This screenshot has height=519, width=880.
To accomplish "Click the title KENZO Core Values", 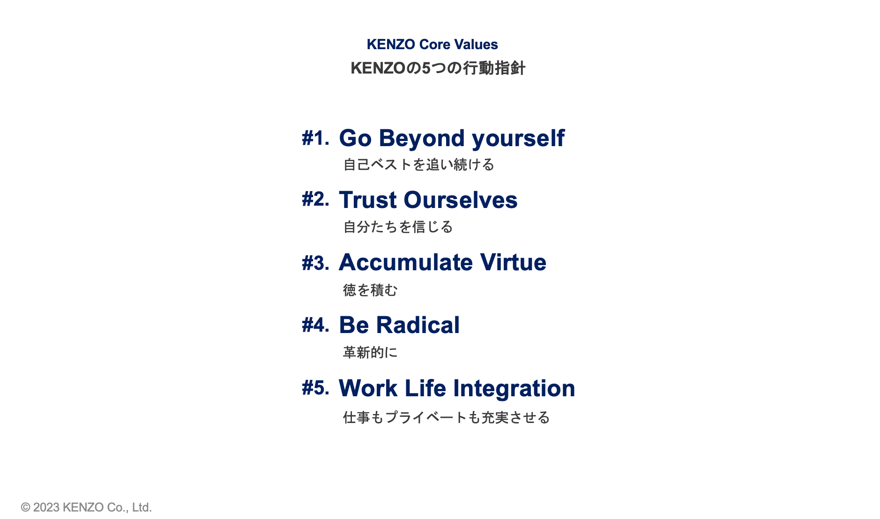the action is tap(432, 44).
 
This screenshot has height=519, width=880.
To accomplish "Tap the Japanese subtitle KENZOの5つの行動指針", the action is tap(438, 68).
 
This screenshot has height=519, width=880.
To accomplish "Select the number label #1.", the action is tap(315, 139).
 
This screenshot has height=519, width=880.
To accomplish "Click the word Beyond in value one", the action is tap(422, 139).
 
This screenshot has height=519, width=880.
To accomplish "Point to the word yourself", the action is tap(518, 139).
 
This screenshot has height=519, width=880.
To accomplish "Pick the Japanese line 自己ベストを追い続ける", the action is tap(419, 165).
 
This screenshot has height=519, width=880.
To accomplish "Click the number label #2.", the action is tap(315, 200).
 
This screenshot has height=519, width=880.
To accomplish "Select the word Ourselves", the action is tap(461, 200).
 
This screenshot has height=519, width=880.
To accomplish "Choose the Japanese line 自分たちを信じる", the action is tap(398, 227).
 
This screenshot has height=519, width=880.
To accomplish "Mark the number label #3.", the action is tap(315, 263).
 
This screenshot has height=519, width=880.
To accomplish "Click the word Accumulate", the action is tap(406, 262).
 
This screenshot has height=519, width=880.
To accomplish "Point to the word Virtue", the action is tap(513, 262).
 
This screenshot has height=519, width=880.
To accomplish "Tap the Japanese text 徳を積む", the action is tap(370, 290).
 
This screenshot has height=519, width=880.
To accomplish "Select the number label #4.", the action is tap(315, 325).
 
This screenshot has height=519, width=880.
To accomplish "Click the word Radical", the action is tap(418, 325).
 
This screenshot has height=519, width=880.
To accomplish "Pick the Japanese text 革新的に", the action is tap(370, 352).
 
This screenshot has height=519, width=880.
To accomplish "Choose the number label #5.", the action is tap(315, 388).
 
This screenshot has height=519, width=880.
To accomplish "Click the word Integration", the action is tap(514, 389).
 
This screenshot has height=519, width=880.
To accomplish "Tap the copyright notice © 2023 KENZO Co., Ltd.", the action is tap(86, 507).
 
